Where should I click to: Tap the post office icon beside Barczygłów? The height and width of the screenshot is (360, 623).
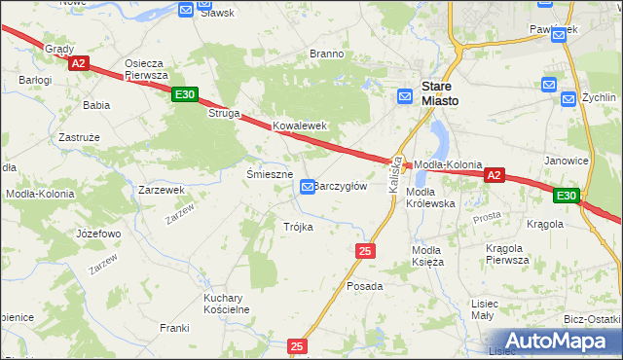[308, 186]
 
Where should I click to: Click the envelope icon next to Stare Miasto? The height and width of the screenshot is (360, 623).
[405, 95]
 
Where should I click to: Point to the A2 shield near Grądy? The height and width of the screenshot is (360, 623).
[79, 64]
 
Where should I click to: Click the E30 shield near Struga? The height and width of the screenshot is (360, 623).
[185, 95]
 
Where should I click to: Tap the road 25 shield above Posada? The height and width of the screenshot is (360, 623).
[365, 251]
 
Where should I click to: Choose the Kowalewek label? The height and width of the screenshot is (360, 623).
[299, 126]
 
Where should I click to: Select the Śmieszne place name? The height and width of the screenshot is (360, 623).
[270, 174]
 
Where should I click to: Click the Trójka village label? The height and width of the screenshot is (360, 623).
[298, 226]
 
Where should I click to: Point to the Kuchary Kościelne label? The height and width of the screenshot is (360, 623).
[227, 303]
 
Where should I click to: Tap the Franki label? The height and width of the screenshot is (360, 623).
[174, 327]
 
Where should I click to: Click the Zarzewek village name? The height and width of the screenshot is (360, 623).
[162, 190]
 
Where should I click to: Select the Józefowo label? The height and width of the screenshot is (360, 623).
[97, 234]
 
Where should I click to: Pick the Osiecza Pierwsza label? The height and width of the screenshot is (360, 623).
[147, 69]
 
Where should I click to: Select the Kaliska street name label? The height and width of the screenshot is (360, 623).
[395, 175]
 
